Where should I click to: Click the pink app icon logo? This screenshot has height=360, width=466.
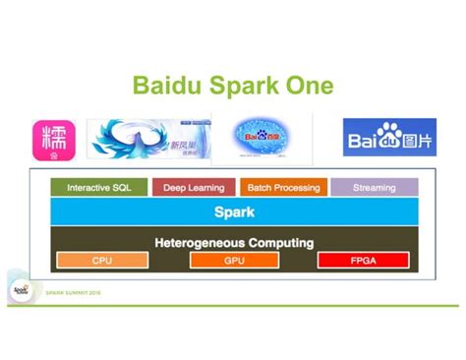coord(53,139)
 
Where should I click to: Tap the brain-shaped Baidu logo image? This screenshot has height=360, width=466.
coord(270,138)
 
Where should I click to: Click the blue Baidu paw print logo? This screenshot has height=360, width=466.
coord(389,138)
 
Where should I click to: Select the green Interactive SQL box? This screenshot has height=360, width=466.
coord(98,188)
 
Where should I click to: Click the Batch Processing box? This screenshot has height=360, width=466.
coord(282,188)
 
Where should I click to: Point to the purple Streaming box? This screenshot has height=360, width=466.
coord(374,188)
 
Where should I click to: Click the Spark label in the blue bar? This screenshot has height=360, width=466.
coord(234,211)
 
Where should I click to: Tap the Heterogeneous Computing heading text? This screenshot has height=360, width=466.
coord(234,242)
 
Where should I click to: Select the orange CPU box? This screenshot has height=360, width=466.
coord(102,261)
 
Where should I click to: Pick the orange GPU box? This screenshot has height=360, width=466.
coord(234,261)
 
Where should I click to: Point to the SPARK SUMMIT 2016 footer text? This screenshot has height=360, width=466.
coord(73,293)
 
